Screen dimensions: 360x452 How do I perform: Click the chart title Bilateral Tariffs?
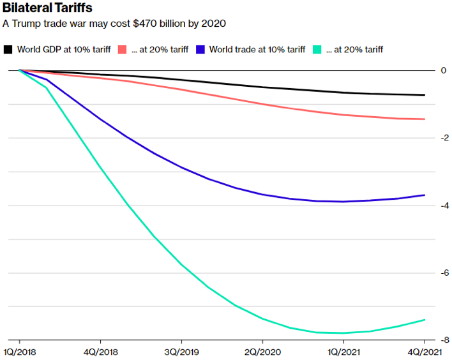[47, 8]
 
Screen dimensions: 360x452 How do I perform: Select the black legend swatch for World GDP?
[8, 49]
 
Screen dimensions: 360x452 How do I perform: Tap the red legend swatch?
[121, 49]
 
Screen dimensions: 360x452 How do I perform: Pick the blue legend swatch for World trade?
[201, 49]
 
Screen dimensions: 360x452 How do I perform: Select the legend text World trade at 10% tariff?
[257, 49]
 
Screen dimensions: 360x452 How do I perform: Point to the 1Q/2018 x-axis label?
[20, 351]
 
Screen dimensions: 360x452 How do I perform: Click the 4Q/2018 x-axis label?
[101, 351]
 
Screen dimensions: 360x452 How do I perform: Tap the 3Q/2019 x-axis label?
[182, 351]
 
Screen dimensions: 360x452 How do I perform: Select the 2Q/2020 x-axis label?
[262, 351]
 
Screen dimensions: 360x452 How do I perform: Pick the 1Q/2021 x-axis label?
[343, 351]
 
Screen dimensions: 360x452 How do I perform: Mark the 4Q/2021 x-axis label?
[424, 351]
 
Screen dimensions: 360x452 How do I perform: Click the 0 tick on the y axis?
[443, 70]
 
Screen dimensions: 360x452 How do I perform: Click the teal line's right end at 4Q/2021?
[425, 320]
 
